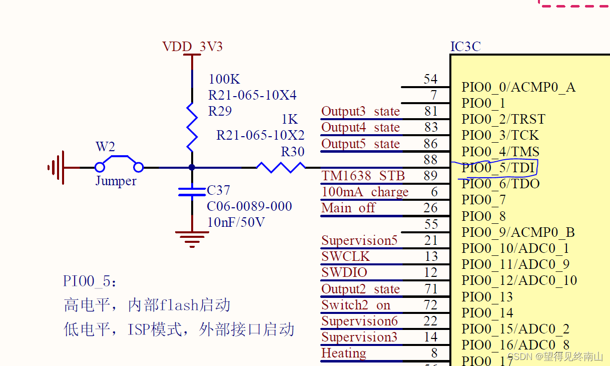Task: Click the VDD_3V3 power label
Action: pyautogui.click(x=192, y=47)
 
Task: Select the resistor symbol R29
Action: pyautogui.click(x=192, y=127)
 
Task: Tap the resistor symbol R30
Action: pyautogui.click(x=281, y=167)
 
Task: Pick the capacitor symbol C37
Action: pyautogui.click(x=192, y=191)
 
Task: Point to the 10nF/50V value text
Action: pyautogui.click(x=236, y=222)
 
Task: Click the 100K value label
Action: pyautogui.click(x=224, y=79)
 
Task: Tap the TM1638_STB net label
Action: pyautogui.click(x=363, y=176)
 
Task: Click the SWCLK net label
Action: pyautogui.click(x=345, y=257)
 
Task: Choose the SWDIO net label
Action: pyautogui.click(x=344, y=273)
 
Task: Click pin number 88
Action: pyautogui.click(x=430, y=160)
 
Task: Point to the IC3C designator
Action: pyautogui.click(x=465, y=47)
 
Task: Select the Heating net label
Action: pyautogui.click(x=344, y=353)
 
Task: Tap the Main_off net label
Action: pyautogui.click(x=348, y=208)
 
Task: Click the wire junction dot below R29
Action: pyautogui.click(x=192, y=167)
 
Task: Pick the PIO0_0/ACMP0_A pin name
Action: pyautogui.click(x=518, y=88)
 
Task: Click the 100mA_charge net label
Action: pyautogui.click(x=365, y=192)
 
